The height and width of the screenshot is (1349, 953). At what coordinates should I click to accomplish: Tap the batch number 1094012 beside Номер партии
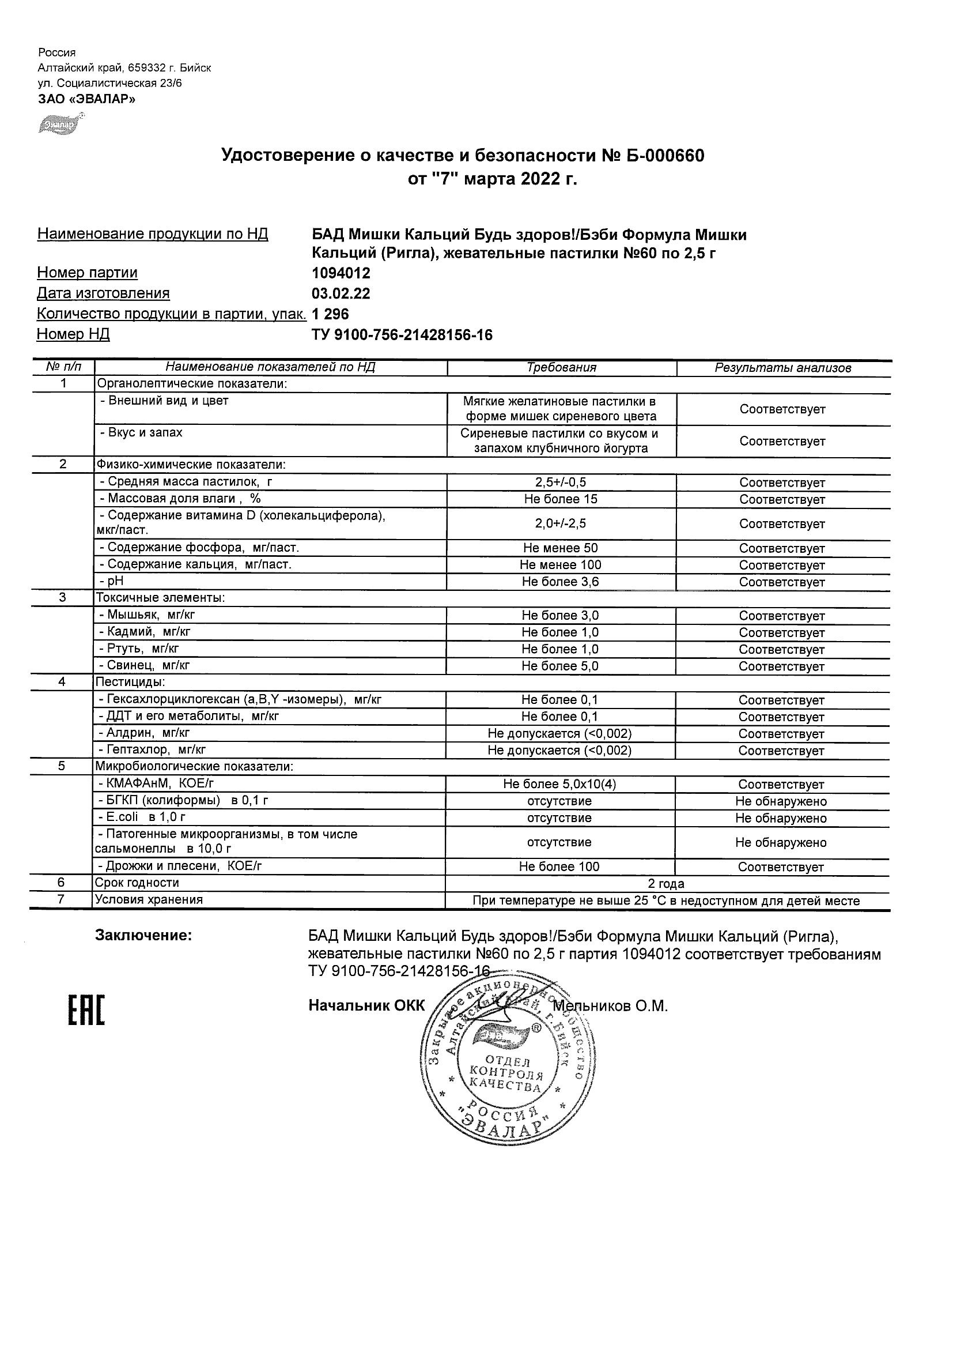(341, 273)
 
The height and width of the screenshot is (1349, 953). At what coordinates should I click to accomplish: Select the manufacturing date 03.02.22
(341, 293)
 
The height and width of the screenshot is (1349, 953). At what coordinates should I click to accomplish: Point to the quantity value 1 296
(330, 314)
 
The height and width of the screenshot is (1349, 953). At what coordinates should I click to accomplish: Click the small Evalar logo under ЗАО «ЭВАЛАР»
(60, 124)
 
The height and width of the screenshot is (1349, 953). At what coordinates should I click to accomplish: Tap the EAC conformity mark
(86, 1011)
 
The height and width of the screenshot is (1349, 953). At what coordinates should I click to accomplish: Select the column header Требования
(561, 368)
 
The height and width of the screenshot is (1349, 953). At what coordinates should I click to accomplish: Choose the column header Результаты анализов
(782, 368)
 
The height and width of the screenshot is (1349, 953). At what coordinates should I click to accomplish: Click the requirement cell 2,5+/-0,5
(561, 483)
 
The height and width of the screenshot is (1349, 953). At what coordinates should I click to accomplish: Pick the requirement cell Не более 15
(561, 499)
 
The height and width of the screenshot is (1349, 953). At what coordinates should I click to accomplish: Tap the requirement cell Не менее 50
(561, 548)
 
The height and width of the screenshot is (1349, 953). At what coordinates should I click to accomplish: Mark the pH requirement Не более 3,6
(561, 582)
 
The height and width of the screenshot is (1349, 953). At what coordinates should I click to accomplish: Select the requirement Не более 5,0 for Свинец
(560, 666)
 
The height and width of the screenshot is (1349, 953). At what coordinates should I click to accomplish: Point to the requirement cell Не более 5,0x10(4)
(559, 785)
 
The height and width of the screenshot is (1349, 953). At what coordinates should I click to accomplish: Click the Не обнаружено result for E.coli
(781, 818)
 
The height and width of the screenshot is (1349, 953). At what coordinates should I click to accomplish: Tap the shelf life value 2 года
(666, 883)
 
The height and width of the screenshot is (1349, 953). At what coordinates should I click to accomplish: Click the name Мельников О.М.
(611, 1007)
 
